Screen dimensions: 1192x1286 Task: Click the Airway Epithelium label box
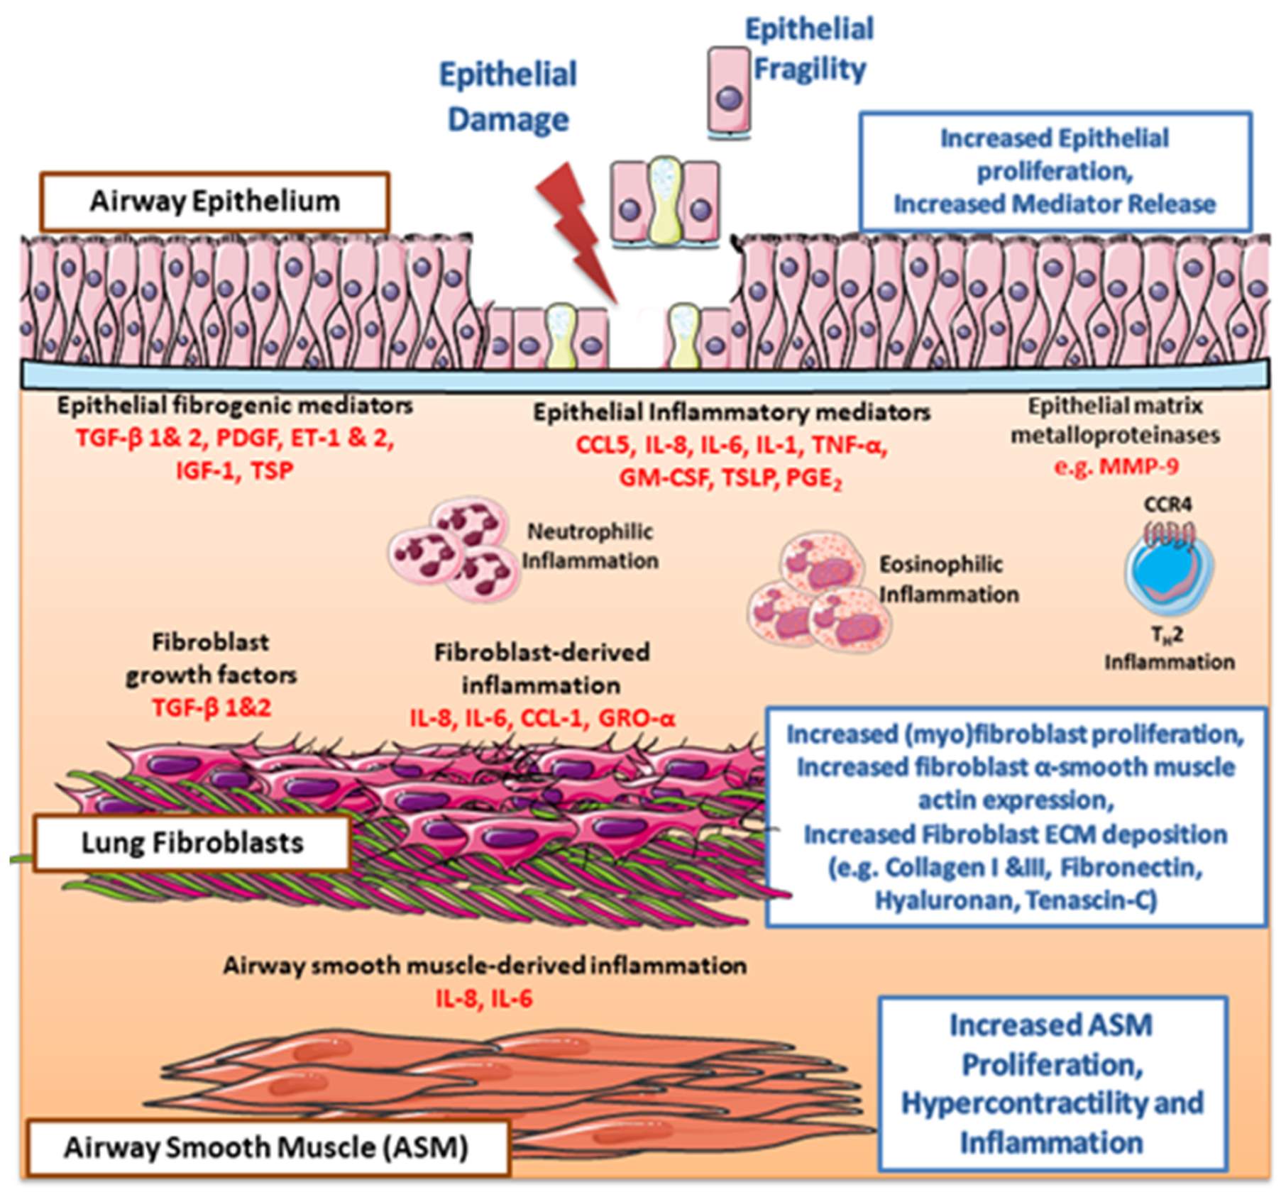click(x=214, y=202)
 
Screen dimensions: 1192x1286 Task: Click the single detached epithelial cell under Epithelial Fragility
click(x=729, y=90)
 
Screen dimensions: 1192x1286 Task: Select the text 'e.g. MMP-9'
click(x=1116, y=466)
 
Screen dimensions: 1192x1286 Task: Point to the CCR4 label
click(x=1167, y=504)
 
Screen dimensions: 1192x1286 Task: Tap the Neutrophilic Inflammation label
click(x=590, y=546)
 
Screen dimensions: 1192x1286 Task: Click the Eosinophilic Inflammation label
click(x=948, y=579)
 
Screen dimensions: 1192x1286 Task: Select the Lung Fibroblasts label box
click(x=192, y=843)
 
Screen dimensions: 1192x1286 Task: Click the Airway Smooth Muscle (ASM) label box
click(x=267, y=1147)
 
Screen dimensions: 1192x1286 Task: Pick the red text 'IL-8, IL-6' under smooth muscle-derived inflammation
click(x=484, y=999)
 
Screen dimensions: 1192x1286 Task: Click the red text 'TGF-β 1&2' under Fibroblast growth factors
click(x=211, y=707)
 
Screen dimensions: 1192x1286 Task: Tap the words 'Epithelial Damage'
click(x=508, y=96)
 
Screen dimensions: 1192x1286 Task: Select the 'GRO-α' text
click(x=637, y=718)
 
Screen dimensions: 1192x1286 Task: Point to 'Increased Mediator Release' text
click(x=1054, y=204)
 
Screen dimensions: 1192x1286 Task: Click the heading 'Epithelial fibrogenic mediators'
click(x=235, y=406)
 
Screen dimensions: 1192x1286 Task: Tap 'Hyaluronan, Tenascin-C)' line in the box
click(x=1016, y=900)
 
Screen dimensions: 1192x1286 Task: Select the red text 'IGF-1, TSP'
click(x=235, y=470)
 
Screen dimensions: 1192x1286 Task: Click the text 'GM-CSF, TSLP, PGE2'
click(x=730, y=478)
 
